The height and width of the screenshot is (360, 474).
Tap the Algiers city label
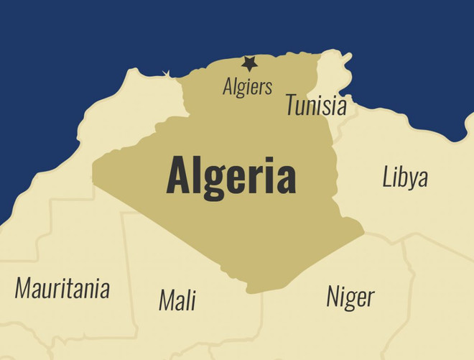point(248,87)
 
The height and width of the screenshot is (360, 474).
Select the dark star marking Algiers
point(249,64)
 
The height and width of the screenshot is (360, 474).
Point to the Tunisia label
point(316,106)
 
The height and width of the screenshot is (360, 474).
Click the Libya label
point(405,177)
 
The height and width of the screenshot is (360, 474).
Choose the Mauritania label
point(62,289)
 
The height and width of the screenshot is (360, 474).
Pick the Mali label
point(177,300)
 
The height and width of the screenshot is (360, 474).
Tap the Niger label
point(350,296)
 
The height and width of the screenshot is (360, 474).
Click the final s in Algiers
point(269,88)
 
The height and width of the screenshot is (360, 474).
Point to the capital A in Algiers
point(228,86)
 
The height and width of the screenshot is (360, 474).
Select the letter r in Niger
point(371,297)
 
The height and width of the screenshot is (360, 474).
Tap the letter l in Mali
point(188,300)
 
